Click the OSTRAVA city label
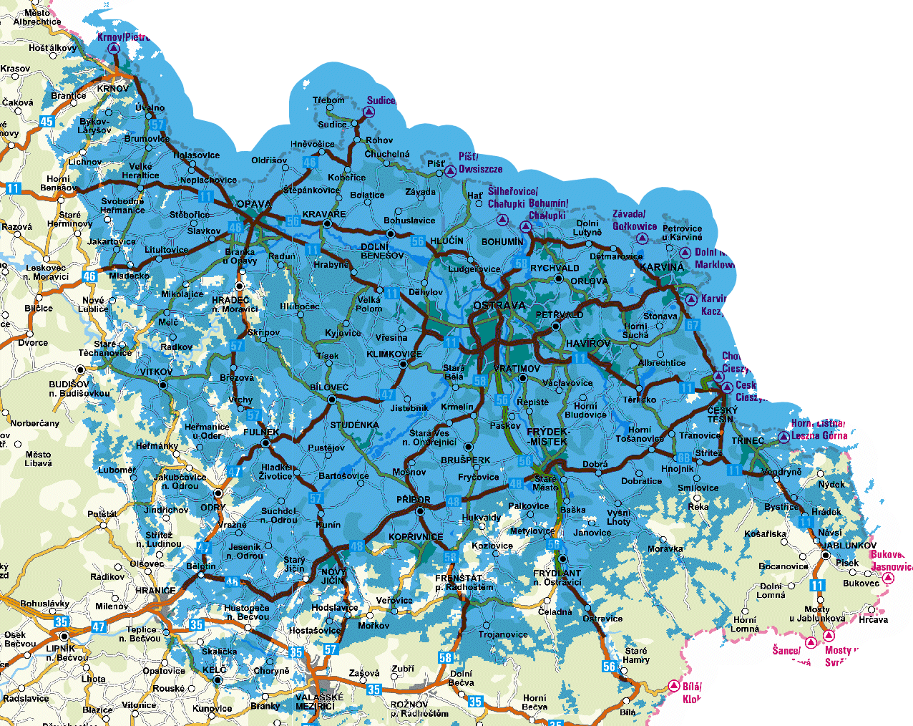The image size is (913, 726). (x=499, y=306)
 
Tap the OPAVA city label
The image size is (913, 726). (x=254, y=204)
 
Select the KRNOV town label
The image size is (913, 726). (x=113, y=89)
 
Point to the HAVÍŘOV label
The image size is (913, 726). (x=588, y=344)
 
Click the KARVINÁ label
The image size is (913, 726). (x=662, y=267)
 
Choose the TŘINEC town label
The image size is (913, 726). (x=748, y=440)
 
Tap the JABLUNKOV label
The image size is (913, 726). (x=849, y=545)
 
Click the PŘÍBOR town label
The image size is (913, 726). (x=414, y=500)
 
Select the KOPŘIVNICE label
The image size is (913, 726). (x=416, y=537)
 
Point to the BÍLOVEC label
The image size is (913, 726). (x=329, y=387)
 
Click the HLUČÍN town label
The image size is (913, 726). (x=446, y=241)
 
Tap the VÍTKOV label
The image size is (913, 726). (x=156, y=372)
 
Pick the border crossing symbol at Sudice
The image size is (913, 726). (x=369, y=112)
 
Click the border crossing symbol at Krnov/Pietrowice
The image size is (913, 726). (x=113, y=49)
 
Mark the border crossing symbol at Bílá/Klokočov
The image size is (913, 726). (x=673, y=686)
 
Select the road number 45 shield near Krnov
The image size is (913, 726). (x=47, y=121)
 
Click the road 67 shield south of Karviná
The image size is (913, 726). (x=692, y=325)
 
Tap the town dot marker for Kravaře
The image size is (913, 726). (x=327, y=224)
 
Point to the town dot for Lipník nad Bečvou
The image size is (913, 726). (x=64, y=637)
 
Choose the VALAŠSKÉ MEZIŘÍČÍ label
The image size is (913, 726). (x=319, y=702)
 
